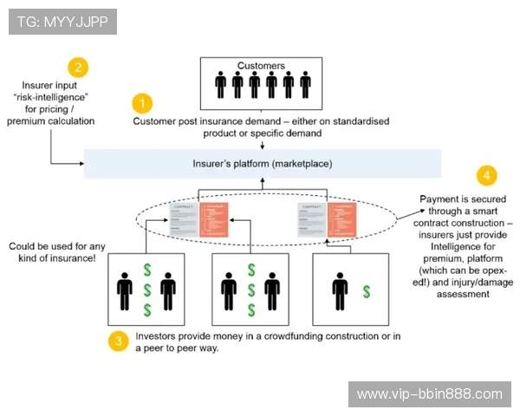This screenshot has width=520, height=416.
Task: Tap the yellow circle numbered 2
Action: (78, 67)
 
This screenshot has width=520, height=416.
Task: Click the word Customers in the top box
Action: (261, 65)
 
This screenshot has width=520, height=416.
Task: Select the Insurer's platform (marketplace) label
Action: (262, 163)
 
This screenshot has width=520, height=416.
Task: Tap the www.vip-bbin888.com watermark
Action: (429, 393)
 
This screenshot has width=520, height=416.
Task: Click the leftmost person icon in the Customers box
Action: (219, 85)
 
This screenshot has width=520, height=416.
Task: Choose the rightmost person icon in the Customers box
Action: (304, 85)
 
